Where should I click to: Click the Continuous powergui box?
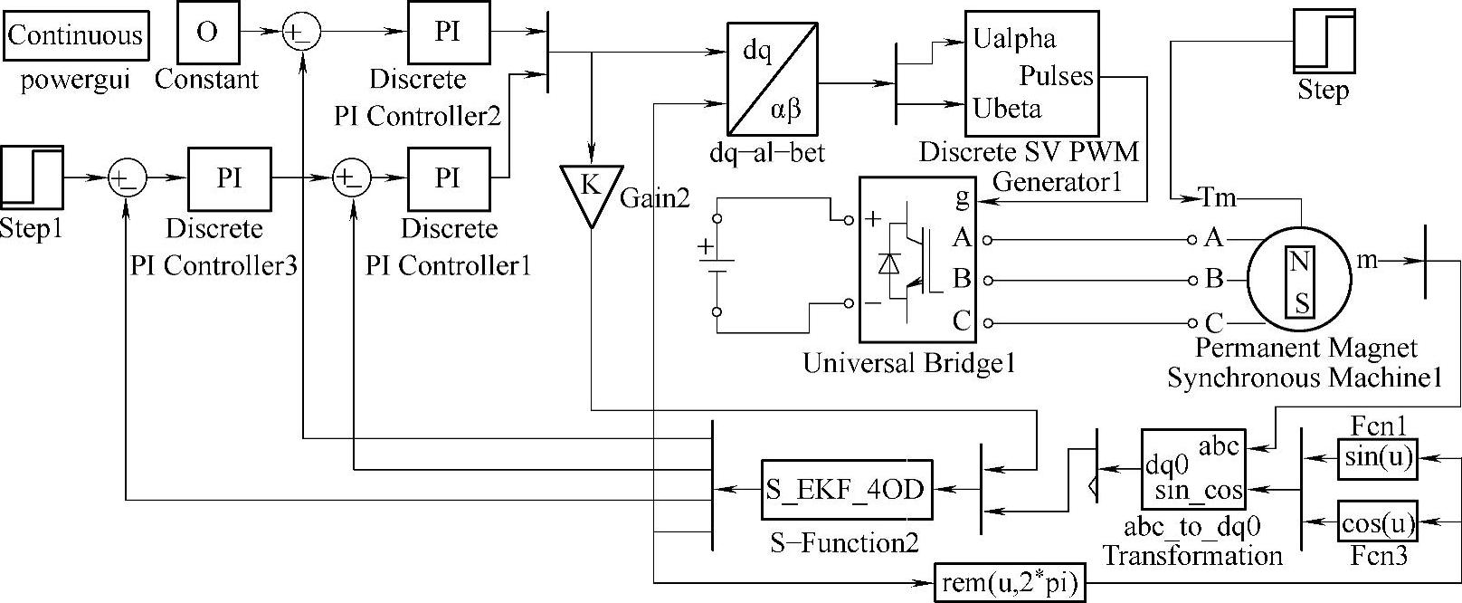(x=76, y=35)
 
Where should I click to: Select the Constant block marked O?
(x=206, y=32)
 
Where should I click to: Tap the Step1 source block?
(x=32, y=177)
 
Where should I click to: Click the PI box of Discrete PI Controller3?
(x=230, y=177)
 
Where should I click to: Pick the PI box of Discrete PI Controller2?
(x=447, y=32)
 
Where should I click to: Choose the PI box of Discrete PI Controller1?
(x=447, y=177)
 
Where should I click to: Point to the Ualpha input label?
(x=1014, y=40)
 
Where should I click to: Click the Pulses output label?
(x=1057, y=76)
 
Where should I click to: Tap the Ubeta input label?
(x=1007, y=110)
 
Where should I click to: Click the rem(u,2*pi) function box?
(x=1009, y=584)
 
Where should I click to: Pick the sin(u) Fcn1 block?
(x=1377, y=458)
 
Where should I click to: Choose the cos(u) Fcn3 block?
(x=1377, y=524)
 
